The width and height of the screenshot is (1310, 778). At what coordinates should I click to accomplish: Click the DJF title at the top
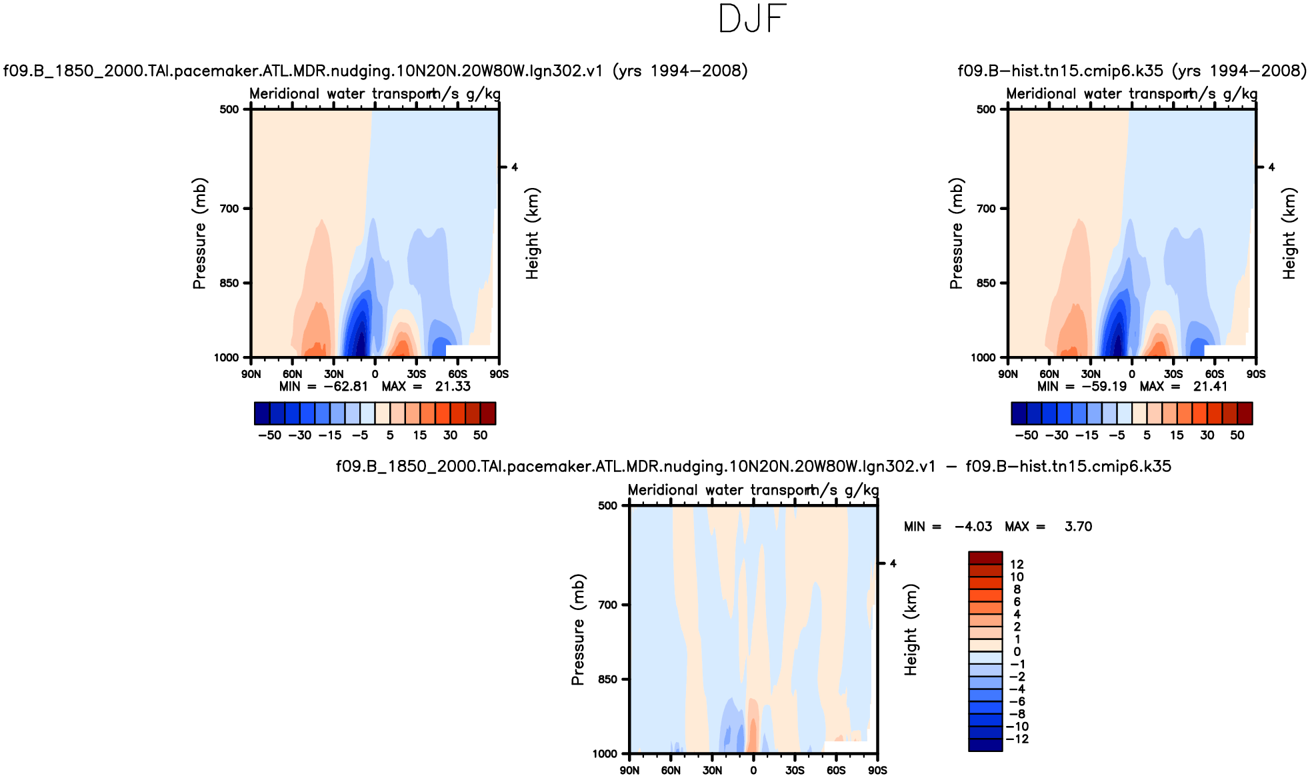coord(753,19)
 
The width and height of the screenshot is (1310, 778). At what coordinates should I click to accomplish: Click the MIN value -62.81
coord(345,387)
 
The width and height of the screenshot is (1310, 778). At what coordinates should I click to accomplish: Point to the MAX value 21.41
coord(1210,387)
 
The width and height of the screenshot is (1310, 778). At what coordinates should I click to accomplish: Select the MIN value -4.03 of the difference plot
coord(973,527)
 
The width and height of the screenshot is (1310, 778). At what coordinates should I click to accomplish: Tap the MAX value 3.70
coord(1078,527)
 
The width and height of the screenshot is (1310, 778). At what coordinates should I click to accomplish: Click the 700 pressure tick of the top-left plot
coord(229,209)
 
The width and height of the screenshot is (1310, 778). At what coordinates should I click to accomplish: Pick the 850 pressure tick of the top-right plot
coord(986,283)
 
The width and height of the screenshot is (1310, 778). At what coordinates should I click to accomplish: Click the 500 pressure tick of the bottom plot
coord(607,506)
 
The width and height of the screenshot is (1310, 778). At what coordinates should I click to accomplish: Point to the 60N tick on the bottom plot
coord(671,771)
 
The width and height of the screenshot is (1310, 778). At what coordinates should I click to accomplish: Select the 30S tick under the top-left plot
coord(417,375)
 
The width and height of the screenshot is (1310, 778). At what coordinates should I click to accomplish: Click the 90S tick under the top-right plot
coord(1256,375)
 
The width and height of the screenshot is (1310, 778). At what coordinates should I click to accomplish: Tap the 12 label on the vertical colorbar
coord(1017,565)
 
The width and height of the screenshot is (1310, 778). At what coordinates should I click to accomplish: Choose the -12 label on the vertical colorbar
coord(1019,739)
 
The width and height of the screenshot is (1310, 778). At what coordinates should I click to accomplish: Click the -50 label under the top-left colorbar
coord(269,435)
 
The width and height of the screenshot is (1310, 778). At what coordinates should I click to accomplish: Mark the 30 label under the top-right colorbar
coord(1207,435)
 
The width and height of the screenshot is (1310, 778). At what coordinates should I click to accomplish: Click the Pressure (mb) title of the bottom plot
coord(577,629)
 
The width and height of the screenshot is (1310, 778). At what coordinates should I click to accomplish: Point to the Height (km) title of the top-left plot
coord(531,233)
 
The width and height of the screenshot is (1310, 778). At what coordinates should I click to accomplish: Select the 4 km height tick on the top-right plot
coord(1271,167)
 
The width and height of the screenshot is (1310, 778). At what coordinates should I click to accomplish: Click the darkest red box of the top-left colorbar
coord(488,413)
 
